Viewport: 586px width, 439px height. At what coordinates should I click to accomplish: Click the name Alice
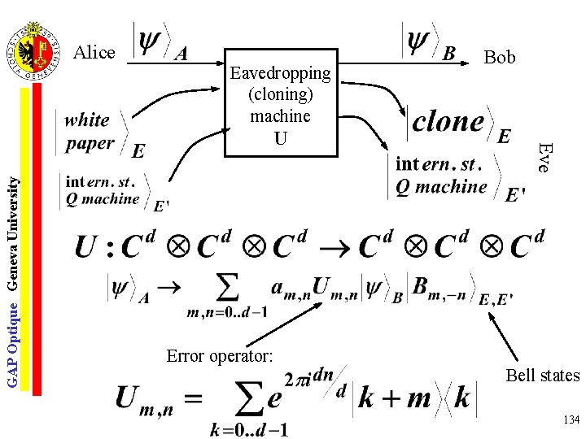(x=94, y=53)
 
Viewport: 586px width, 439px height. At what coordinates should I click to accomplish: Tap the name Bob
(x=499, y=57)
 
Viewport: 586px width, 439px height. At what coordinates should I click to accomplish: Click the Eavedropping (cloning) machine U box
(x=280, y=106)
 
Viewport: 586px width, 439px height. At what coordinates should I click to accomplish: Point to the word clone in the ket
(x=448, y=122)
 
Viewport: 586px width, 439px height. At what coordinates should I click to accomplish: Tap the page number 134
(x=570, y=419)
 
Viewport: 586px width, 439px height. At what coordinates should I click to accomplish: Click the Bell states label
(x=542, y=376)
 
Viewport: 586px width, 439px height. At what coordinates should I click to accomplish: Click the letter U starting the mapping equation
(x=85, y=246)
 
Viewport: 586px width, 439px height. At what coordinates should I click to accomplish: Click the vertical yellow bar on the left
(x=25, y=236)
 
